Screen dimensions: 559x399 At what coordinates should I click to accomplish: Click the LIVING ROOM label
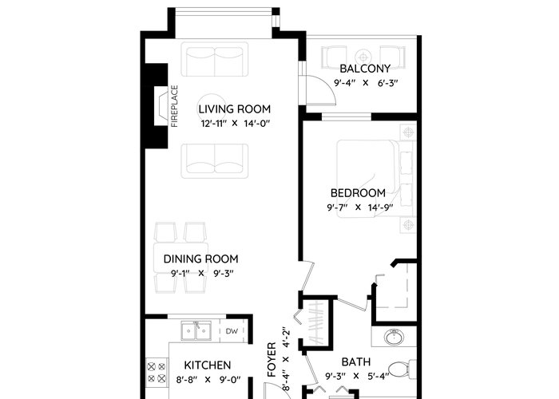(x=235, y=109)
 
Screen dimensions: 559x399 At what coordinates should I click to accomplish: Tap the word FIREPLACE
(x=174, y=106)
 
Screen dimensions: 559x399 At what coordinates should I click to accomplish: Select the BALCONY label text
(x=365, y=69)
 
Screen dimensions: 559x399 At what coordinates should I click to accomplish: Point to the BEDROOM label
(x=358, y=193)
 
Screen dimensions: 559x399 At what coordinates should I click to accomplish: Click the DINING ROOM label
(x=200, y=259)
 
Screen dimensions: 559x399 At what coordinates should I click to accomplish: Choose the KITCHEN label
(x=208, y=365)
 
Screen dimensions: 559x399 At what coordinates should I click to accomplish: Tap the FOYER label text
(x=272, y=360)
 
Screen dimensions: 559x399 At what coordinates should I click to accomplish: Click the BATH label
(x=356, y=362)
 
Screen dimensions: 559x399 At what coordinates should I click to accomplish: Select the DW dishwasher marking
(x=232, y=331)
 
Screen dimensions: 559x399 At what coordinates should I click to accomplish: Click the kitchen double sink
(x=196, y=330)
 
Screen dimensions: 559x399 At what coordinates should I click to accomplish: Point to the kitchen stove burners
(x=157, y=373)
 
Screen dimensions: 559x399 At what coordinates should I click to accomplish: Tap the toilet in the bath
(x=402, y=369)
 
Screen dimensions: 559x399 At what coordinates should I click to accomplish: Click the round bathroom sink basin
(x=394, y=337)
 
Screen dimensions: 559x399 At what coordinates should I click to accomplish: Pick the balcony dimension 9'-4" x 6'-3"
(x=366, y=83)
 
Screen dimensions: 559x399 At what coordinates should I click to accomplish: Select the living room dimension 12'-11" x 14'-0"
(x=235, y=124)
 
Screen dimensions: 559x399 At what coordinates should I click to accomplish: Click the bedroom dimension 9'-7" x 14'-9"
(x=360, y=207)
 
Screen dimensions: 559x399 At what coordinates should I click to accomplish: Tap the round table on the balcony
(x=363, y=57)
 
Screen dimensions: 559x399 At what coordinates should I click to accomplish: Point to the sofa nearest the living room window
(x=215, y=59)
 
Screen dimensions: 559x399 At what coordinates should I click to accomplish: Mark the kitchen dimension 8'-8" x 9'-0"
(x=208, y=380)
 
